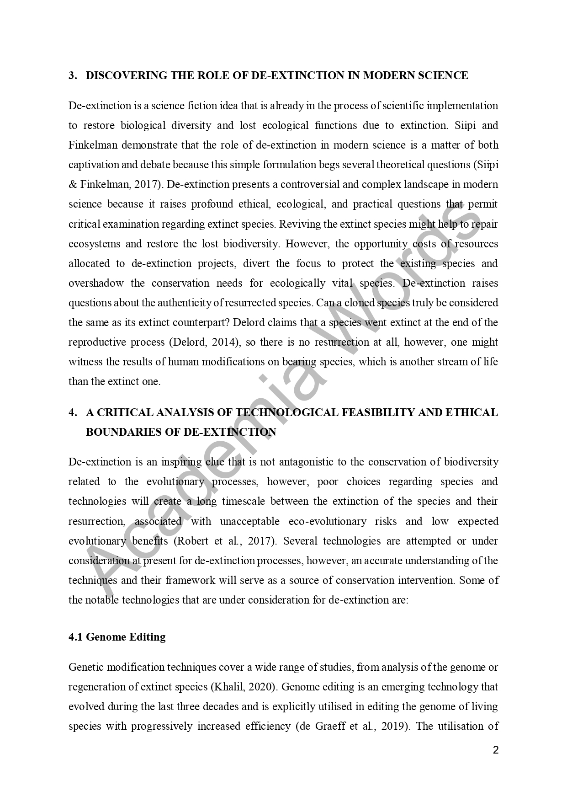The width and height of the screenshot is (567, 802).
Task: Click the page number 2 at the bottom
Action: tap(496, 750)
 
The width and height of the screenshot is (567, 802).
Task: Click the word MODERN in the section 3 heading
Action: tap(387, 75)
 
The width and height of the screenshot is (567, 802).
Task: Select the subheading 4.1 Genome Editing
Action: tap(117, 637)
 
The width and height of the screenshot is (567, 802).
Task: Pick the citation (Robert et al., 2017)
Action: tap(225, 541)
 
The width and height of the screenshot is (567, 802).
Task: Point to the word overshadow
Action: tap(96, 283)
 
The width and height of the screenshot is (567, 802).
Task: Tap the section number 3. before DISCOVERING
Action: tap(73, 75)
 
